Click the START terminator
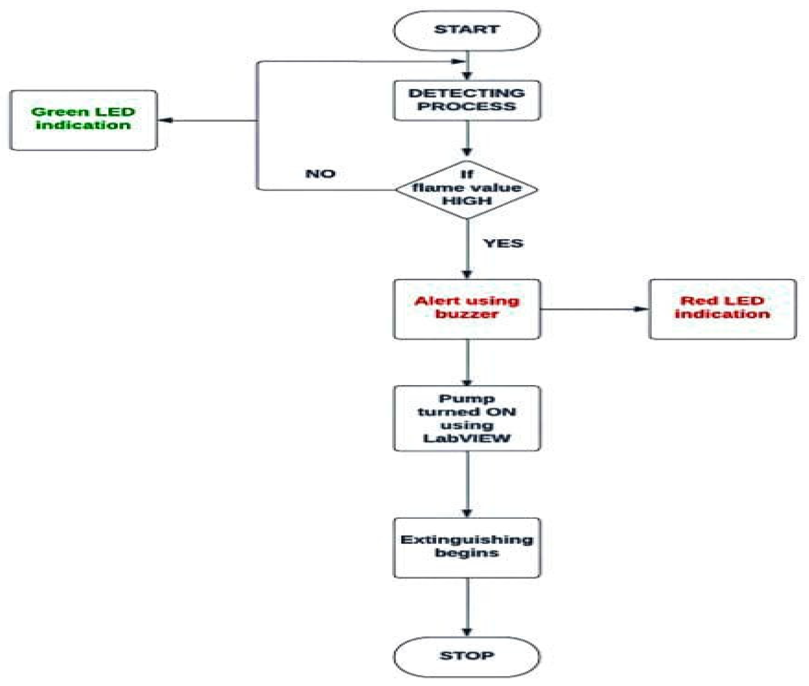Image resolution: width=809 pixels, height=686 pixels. click(466, 30)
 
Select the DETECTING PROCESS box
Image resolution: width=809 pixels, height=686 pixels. click(466, 100)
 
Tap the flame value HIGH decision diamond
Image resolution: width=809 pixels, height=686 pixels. click(466, 189)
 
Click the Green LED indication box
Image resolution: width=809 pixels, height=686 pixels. click(83, 120)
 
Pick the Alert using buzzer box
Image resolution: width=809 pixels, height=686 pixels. click(466, 309)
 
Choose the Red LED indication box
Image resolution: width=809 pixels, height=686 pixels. click(722, 309)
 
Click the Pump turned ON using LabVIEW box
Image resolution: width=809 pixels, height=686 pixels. click(466, 418)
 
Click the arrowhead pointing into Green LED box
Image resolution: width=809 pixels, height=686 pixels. click(166, 120)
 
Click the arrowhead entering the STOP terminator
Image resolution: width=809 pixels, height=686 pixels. click(467, 632)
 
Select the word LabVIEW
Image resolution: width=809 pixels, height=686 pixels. click(466, 439)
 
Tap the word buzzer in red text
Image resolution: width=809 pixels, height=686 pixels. click(466, 314)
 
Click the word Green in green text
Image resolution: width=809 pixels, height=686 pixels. click(59, 112)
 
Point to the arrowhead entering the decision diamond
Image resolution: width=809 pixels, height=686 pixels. click(467, 152)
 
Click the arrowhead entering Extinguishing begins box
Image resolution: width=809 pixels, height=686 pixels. click(467, 513)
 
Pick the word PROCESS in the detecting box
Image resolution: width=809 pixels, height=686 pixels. click(466, 107)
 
